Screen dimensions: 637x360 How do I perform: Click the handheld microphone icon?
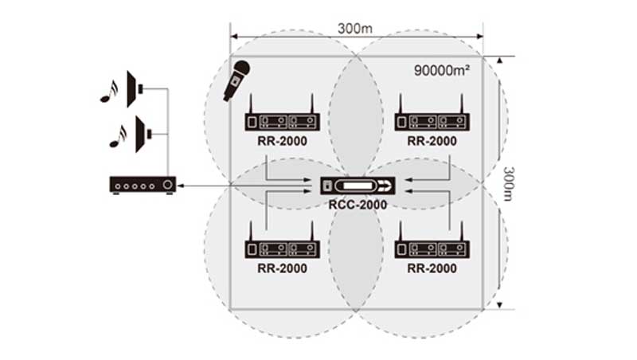(236, 80)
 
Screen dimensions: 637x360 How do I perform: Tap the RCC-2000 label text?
(358, 205)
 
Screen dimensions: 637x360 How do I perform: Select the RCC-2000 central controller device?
(358, 186)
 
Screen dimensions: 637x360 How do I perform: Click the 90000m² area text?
(442, 70)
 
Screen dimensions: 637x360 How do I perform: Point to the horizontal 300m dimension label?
(354, 29)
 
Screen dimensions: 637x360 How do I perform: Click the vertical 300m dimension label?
(509, 184)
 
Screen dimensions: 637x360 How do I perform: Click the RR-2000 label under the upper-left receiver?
(283, 141)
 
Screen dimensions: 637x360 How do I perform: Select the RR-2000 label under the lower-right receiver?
(432, 268)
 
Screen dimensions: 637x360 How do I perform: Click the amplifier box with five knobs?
(143, 186)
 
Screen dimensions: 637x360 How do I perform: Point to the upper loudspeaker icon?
(135, 89)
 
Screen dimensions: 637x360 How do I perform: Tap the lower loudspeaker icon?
(143, 134)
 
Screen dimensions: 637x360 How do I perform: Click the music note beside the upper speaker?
(109, 92)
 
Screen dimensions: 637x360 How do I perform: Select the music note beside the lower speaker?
(118, 136)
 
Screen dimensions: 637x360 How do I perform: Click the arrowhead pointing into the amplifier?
(181, 186)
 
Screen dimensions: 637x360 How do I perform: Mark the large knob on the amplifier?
(167, 186)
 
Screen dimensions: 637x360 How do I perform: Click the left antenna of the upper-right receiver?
(401, 104)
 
